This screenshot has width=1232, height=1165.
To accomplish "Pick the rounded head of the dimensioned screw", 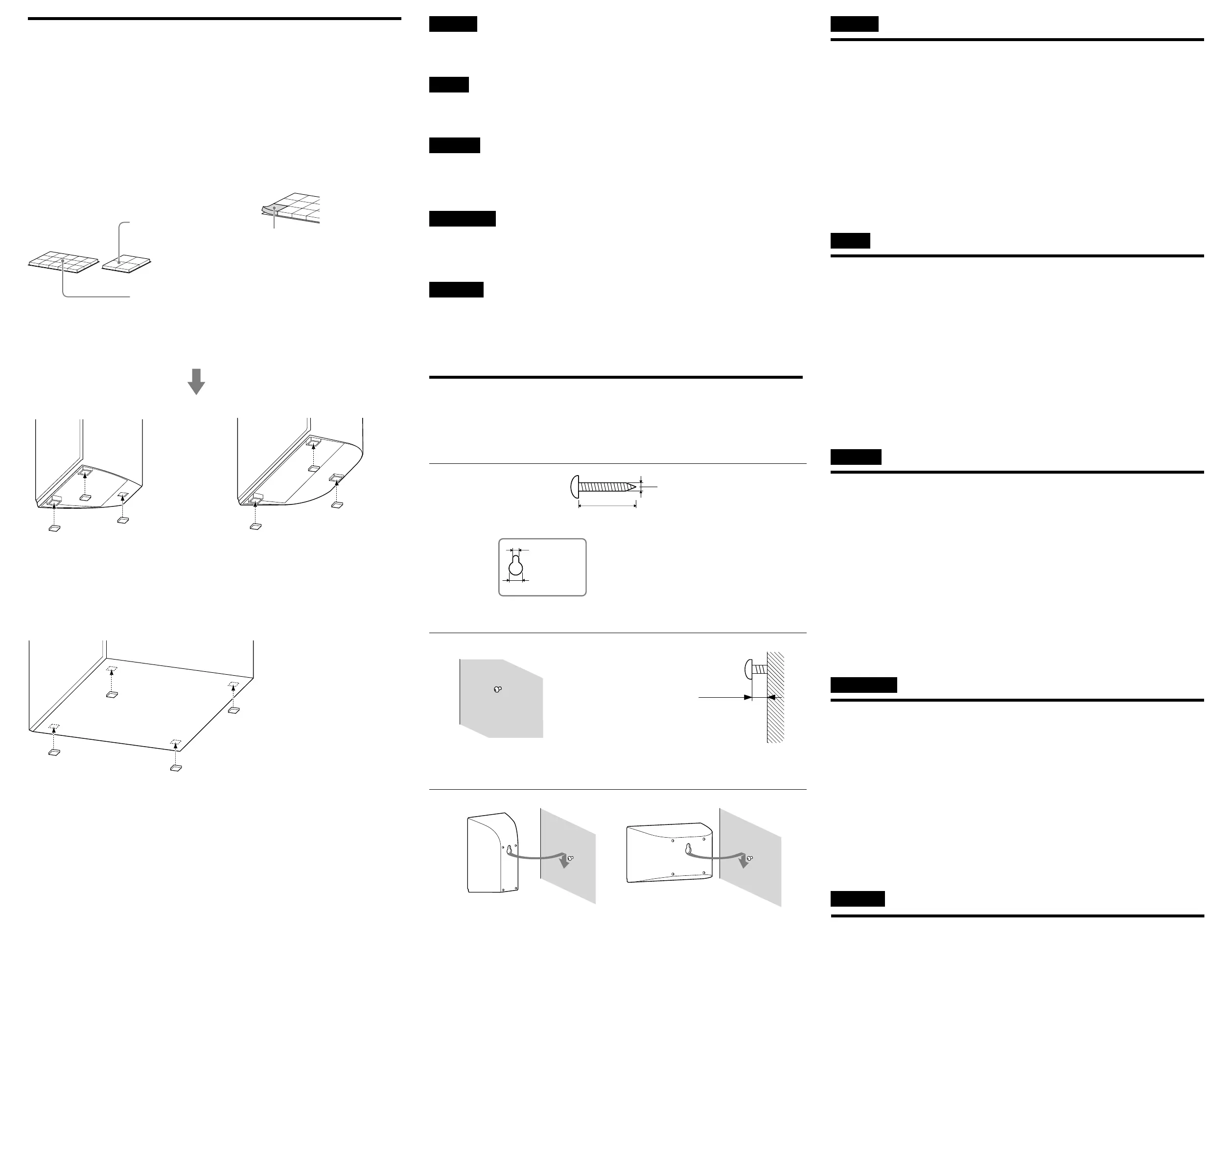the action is tap(575, 486).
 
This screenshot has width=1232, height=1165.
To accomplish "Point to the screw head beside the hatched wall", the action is tap(748, 669).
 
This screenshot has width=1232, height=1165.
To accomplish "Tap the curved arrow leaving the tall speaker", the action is tap(538, 857).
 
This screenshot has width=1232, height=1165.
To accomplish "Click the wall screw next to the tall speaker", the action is tap(570, 858).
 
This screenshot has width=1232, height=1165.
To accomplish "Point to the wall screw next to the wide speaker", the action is tap(750, 858).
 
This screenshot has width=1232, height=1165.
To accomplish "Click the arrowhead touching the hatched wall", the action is tap(770, 697).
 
